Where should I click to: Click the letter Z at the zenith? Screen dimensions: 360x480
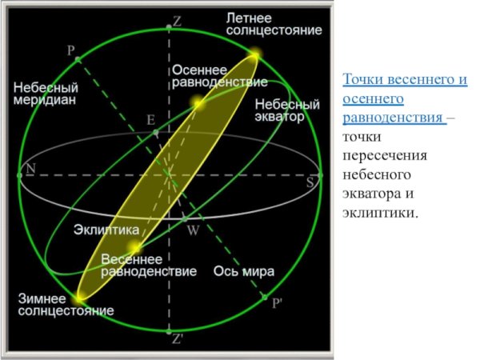coord(177,23)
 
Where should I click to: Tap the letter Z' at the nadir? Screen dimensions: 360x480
coord(178,338)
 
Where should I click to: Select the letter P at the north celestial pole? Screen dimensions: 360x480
coord(71,50)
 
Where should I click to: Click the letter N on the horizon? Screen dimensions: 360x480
coord(31,169)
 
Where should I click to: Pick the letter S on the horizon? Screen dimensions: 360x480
coord(310,182)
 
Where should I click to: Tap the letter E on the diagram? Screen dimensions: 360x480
coord(150,120)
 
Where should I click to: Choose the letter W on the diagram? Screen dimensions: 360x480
coord(193,230)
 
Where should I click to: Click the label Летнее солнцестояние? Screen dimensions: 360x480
coord(274,23)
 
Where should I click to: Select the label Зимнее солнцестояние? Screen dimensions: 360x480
coord(66,305)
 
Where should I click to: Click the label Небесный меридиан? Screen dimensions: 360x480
coord(45,93)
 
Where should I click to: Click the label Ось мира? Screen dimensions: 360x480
coord(245,271)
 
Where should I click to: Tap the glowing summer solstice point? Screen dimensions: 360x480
coord(254,55)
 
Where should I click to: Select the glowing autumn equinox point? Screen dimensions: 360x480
coord(197,102)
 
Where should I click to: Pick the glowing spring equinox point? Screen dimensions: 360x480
coord(137,248)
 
